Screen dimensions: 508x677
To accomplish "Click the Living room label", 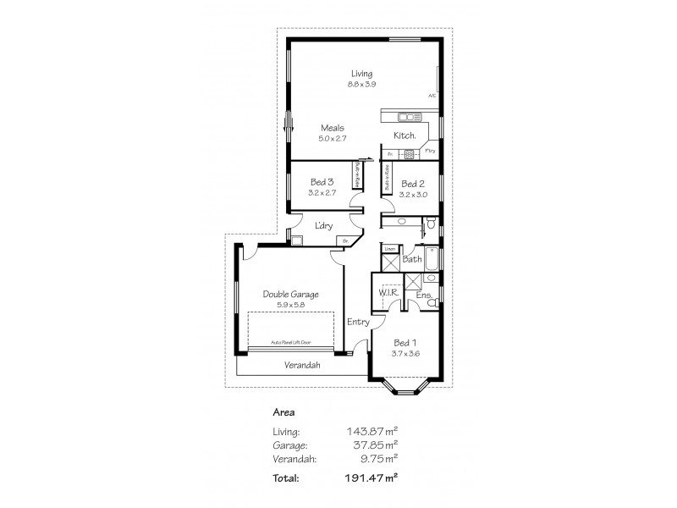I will [x=362, y=74].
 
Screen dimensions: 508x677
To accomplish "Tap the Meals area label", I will [x=332, y=128].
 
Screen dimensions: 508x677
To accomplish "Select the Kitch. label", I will [x=404, y=136].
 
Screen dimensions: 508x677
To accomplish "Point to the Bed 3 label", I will [x=322, y=183].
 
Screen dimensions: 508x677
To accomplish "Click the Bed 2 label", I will [x=412, y=184].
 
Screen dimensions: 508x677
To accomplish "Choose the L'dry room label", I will [x=322, y=225].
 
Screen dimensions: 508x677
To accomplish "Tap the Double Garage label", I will [x=290, y=294].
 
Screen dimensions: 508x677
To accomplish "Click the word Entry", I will [x=359, y=323].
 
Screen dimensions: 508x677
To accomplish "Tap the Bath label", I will [x=412, y=259].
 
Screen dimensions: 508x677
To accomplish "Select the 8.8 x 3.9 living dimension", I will [x=362, y=84].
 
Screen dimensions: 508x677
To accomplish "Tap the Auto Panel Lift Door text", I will [x=290, y=342].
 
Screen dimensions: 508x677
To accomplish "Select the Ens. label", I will [x=423, y=295].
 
